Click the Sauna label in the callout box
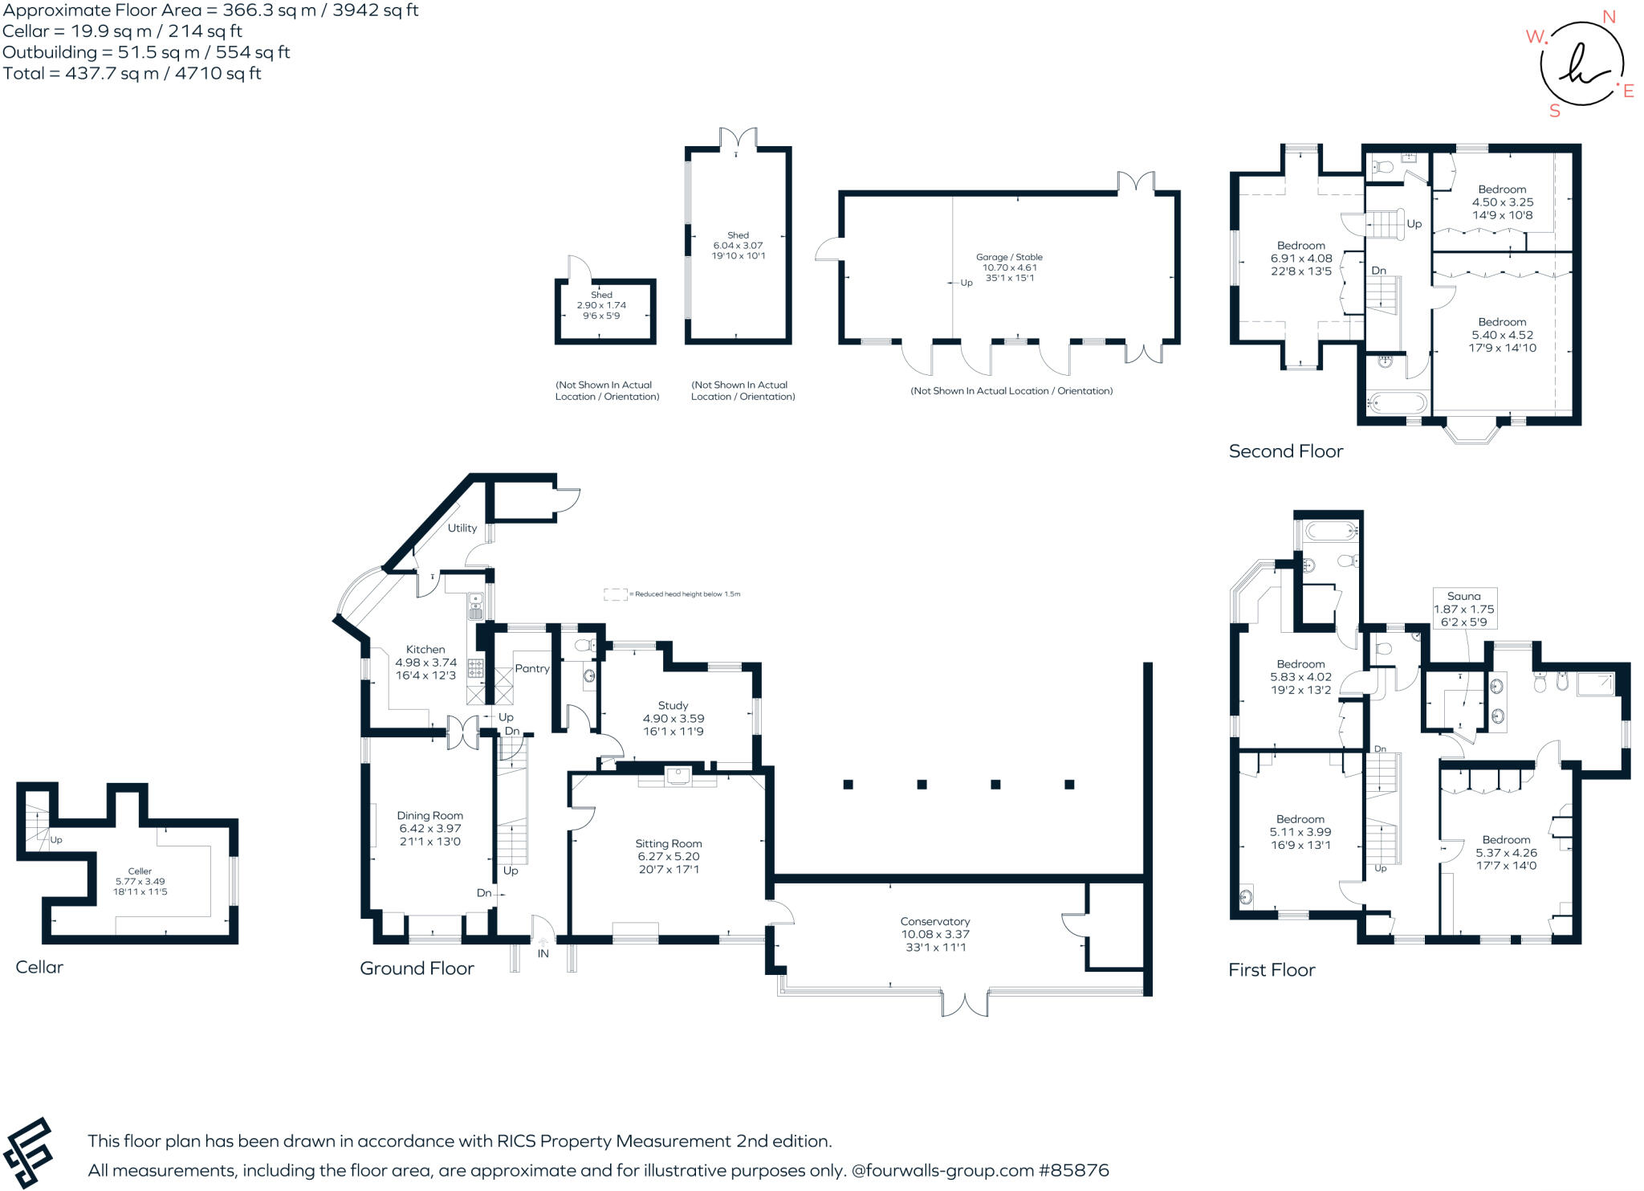point(1463,596)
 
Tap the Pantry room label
point(532,668)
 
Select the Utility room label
point(462,528)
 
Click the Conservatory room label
point(935,921)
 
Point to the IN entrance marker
point(543,953)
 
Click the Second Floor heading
point(1285,451)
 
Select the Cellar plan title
point(39,967)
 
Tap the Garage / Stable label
point(1009,257)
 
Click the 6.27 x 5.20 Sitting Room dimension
point(669,856)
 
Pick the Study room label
point(673,705)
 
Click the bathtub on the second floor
point(1398,402)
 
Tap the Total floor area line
point(132,73)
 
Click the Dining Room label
point(429,815)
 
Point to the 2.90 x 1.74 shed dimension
point(601,305)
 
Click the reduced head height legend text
point(687,594)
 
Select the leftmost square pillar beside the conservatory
point(848,784)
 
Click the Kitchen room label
point(425,649)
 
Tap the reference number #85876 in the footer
point(1073,1170)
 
